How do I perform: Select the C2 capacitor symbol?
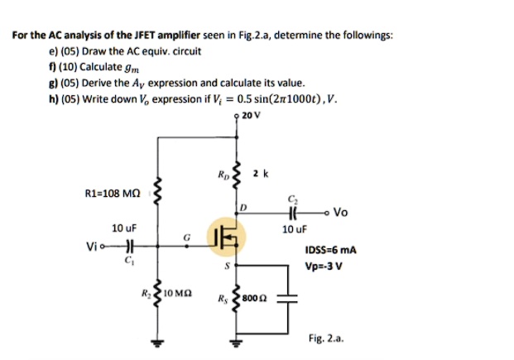294,212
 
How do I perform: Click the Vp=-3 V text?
323,266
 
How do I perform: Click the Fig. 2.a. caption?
324,338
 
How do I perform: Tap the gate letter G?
188,238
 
